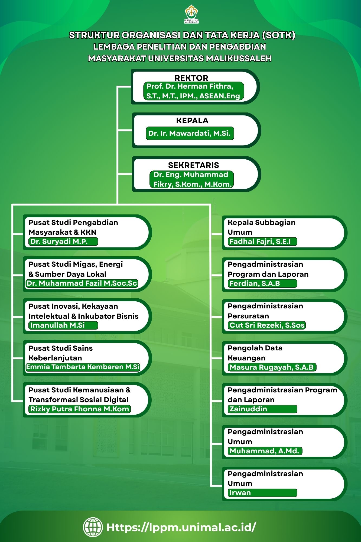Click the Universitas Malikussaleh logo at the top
tap(191, 14)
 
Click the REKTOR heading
tap(191, 78)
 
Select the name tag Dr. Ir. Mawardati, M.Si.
tap(190, 133)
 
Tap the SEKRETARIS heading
tap(193, 165)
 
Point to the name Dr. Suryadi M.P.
tap(59, 241)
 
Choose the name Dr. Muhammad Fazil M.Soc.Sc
tap(82, 283)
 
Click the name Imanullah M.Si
tap(57, 325)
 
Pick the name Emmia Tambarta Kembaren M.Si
tap(83, 367)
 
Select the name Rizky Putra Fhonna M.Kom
tap(80, 409)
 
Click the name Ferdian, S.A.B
tap(255, 283)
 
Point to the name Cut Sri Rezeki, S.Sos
tap(267, 325)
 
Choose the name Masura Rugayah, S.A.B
tap(272, 367)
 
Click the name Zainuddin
tap(248, 409)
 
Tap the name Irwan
tap(240, 493)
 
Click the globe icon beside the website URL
tap(93, 527)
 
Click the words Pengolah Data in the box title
tap(255, 348)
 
